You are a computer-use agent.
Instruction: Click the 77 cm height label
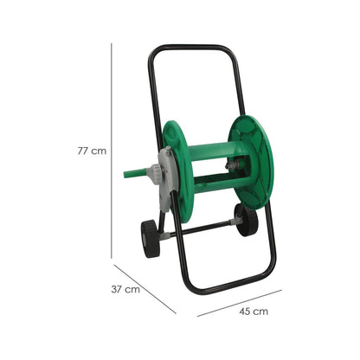92,151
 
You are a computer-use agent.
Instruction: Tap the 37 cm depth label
125,289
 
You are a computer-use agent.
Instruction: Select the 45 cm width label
254,312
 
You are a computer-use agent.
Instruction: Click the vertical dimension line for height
112,151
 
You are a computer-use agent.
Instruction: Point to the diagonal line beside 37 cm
145,289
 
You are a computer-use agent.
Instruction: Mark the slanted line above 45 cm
240,303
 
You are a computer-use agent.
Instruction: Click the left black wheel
151,239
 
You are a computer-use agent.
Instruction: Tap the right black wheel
246,220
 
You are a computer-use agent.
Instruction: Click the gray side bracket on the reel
167,179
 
